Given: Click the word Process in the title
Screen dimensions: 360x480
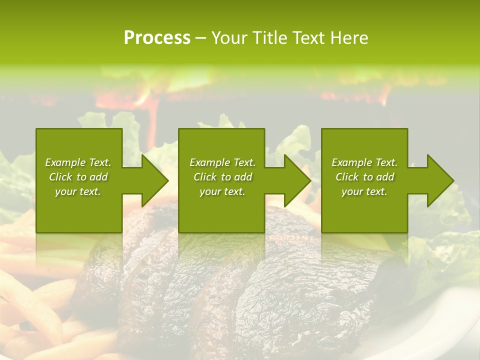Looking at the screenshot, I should pos(157,38).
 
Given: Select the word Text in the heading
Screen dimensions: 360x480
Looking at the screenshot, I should pos(307,38).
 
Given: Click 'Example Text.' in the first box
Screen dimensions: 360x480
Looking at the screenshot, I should pos(78,162).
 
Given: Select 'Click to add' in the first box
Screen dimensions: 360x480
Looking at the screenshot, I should pos(78,177).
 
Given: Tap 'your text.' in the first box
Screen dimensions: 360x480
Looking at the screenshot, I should pos(78,191).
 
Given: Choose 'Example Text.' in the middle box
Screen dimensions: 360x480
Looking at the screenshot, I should pos(222,162).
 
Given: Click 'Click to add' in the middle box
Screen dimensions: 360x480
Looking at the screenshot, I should pos(222,177).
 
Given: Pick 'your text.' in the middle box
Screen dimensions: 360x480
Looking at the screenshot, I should pos(222,191).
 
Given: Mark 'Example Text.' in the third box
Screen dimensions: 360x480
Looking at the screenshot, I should pos(364,162).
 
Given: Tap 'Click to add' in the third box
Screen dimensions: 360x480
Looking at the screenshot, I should pos(364,177).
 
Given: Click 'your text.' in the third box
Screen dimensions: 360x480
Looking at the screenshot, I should pos(364,191).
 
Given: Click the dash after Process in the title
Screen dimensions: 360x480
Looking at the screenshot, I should pos(200,38).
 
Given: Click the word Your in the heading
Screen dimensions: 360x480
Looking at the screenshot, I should pos(229,38).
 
